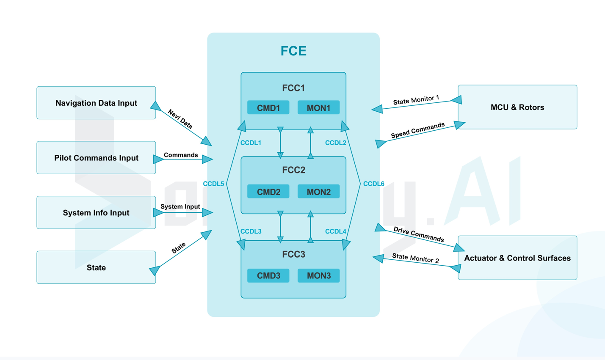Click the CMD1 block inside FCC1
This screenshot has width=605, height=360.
coord(268,108)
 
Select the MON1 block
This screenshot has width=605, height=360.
coord(318,108)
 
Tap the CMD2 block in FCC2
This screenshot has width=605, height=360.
coord(268,192)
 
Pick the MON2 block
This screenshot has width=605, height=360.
coord(318,192)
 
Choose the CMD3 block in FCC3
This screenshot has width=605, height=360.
coord(268,276)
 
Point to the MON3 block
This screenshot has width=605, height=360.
coord(318,276)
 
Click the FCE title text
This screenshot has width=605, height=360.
coord(293,51)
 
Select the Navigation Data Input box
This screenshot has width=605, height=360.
coord(96,103)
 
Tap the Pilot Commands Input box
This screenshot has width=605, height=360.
coord(96,158)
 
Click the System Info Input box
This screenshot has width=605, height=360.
coord(96,212)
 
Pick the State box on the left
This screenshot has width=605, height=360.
coord(96,267)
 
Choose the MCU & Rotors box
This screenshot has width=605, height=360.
coord(517,107)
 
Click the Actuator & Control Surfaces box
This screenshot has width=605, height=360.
coord(517,258)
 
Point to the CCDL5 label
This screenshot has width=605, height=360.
coord(213,184)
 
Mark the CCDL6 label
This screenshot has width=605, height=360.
coord(374,184)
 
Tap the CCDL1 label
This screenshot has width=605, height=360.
coord(251,143)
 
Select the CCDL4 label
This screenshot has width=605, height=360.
coord(336,231)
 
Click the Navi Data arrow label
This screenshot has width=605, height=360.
coord(180,119)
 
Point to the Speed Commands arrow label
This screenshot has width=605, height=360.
coord(417,130)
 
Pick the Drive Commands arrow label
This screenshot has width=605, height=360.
coord(419,234)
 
